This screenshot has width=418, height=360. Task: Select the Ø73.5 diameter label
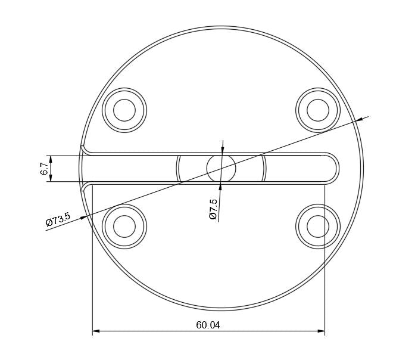(58, 219)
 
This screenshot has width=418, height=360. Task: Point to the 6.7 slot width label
(44, 169)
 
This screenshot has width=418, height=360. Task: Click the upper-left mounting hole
(124, 110)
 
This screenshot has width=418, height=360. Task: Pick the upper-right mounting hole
(317, 110)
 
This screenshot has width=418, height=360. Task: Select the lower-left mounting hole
(124, 226)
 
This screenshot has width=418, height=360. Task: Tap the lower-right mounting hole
(317, 226)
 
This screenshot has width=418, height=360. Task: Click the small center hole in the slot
(221, 168)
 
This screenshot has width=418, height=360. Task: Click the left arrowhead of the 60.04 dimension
(96, 331)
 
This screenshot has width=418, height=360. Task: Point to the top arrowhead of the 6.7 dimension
(51, 159)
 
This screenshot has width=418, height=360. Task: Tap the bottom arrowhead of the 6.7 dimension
(51, 178)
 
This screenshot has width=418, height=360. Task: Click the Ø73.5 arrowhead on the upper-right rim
(358, 120)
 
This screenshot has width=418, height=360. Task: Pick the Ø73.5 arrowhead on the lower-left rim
(84, 218)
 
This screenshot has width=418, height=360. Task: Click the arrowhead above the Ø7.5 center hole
(222, 149)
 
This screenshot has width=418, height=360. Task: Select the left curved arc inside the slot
(178, 168)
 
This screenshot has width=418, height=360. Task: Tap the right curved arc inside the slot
(264, 168)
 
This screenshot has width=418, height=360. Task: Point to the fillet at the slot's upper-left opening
(85, 148)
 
